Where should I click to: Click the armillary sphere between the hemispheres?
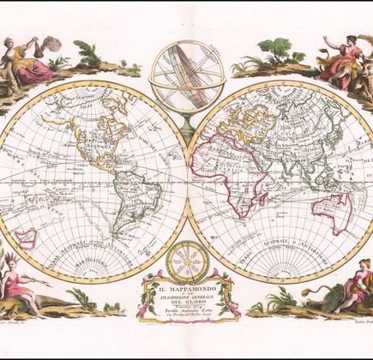(186, 82)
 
